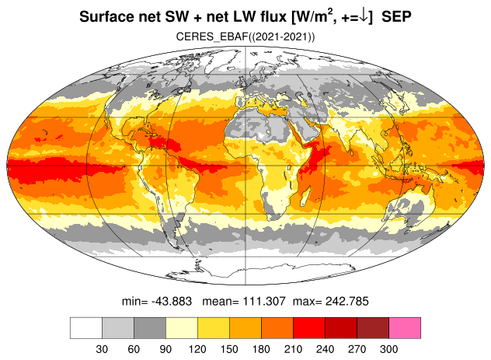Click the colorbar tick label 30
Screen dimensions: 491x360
[102, 349]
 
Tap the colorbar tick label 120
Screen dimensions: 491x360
[197, 349]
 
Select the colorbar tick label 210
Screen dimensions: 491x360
[293, 349]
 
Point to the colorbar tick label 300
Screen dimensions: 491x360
[389, 349]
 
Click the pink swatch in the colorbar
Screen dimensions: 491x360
[405, 328]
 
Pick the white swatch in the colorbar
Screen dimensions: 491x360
[86, 328]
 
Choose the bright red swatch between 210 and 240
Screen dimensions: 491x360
[309, 328]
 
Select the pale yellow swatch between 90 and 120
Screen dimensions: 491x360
[182, 328]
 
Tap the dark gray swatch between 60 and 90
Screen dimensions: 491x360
[150, 328]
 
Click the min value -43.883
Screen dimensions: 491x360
[172, 302]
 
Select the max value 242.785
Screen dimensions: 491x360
[347, 302]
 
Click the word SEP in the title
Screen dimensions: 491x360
[396, 16]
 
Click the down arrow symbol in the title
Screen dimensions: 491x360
[364, 17]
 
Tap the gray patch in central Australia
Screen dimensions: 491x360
[413, 207]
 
